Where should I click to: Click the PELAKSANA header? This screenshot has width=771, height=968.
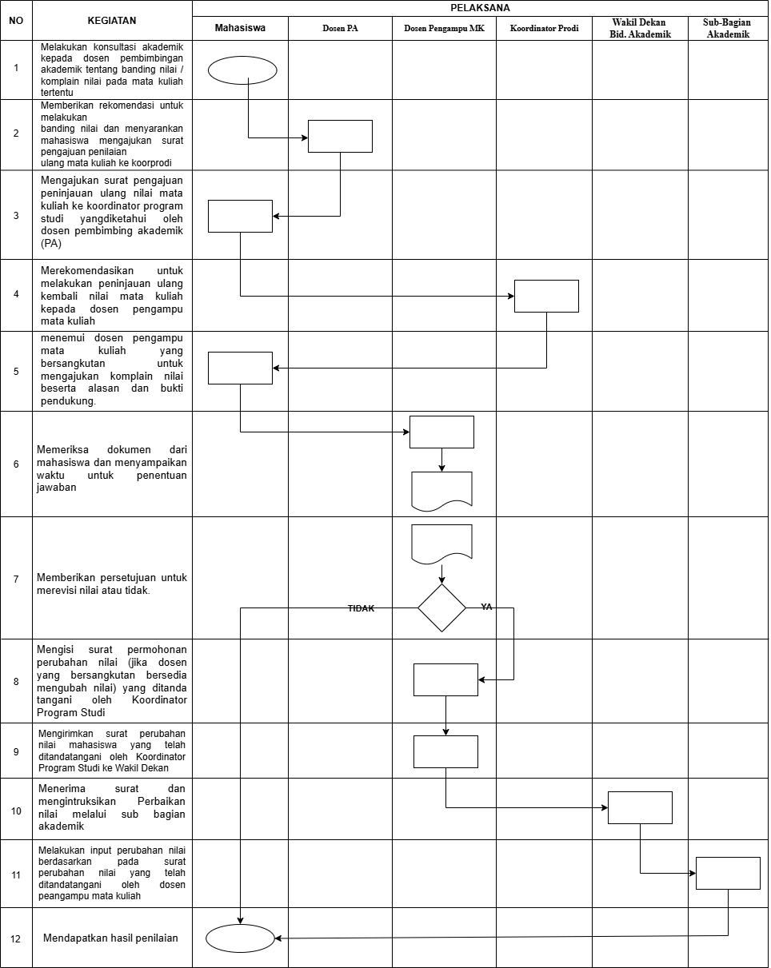[480, 7]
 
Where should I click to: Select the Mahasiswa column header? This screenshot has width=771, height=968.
[240, 28]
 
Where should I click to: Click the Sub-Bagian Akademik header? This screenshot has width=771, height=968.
[727, 28]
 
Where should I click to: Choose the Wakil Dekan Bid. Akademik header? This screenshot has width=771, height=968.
[639, 28]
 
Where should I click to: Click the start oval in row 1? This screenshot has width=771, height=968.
[242, 70]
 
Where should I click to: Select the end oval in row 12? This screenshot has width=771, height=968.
[240, 937]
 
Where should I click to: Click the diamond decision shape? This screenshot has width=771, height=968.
[441, 608]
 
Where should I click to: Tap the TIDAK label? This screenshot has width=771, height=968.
[361, 608]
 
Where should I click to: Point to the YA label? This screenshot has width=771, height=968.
[486, 607]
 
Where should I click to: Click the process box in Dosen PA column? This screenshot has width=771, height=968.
[340, 136]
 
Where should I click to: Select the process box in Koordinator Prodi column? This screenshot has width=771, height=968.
[546, 296]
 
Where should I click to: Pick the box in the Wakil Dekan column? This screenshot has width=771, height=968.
[640, 807]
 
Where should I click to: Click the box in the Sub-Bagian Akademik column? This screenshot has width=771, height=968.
[728, 873]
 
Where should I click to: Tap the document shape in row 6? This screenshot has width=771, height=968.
[441, 490]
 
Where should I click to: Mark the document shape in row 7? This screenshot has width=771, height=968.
[441, 543]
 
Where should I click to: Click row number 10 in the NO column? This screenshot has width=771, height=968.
[16, 811]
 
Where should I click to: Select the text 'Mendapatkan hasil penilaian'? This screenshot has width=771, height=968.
[110, 938]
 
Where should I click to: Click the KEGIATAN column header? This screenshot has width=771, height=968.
[112, 20]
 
